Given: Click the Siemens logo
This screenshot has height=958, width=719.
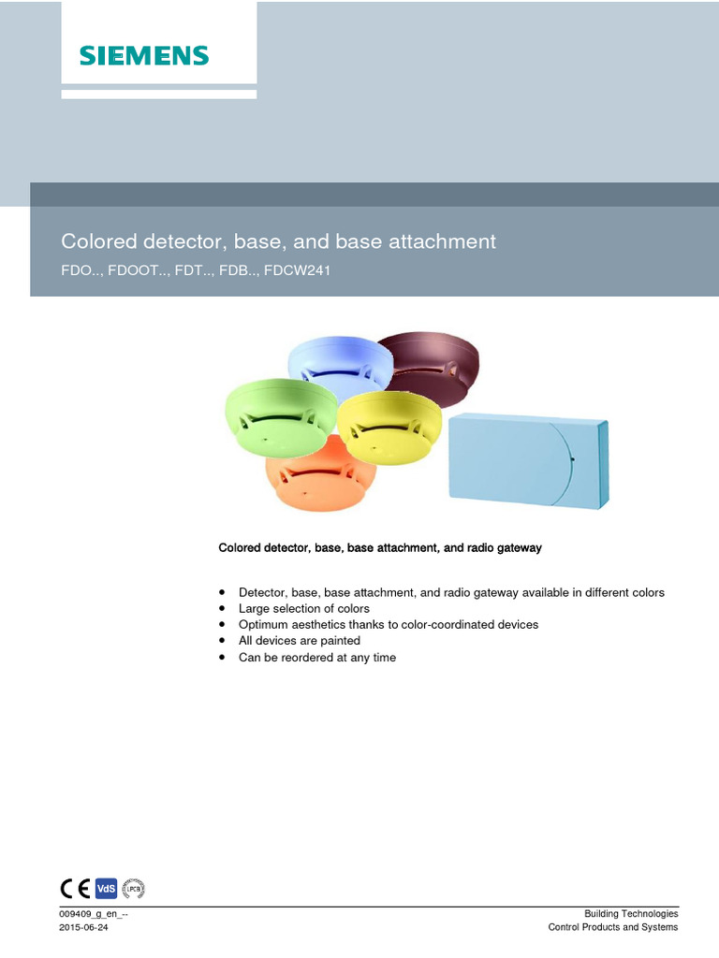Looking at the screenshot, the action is tap(144, 55).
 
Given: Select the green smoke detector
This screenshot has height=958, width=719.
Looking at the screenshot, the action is tap(281, 416).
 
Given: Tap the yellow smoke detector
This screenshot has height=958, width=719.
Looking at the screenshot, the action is tap(389, 427).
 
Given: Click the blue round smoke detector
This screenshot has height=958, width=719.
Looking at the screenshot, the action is tap(340, 367).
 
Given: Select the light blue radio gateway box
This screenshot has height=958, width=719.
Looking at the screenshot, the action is tap(529, 460).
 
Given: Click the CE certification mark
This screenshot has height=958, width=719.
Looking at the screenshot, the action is tap(75, 889).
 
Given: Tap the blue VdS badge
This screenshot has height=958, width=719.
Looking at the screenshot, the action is tap(106, 889).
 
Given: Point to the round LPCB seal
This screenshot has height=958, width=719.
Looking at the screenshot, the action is tap(133, 889).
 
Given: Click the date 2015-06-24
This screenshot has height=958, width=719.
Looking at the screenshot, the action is tap(83, 927).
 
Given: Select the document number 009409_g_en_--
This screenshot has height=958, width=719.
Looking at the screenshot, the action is tap(94, 914).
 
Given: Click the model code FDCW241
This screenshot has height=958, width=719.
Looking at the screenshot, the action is tap(297, 270).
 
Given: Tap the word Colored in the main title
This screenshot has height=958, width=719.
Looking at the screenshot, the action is tap(99, 241).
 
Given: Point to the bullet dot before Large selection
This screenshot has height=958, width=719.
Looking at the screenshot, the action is tap(222, 608).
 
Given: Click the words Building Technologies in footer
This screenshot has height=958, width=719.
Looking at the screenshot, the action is tap(631, 914).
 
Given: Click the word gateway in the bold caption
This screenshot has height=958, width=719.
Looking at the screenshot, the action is tap(519, 548).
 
